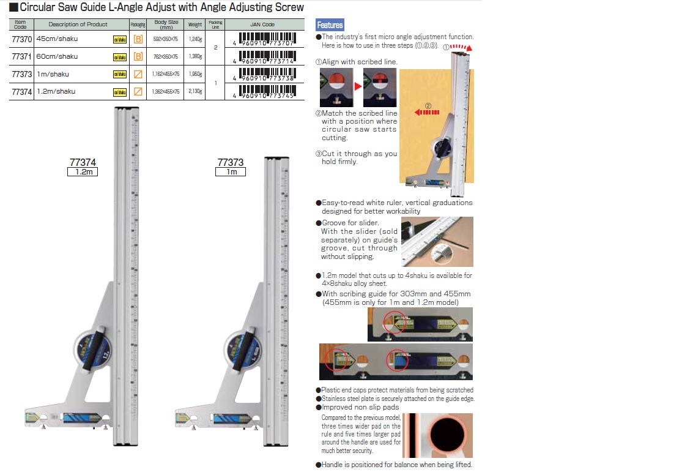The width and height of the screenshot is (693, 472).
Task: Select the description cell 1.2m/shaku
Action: [x=56, y=91]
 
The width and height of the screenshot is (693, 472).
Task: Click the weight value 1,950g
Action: [x=195, y=74]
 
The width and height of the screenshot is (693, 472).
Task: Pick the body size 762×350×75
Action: [x=166, y=56]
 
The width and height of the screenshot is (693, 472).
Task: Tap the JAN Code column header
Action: [x=262, y=24]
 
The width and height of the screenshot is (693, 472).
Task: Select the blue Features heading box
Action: [x=330, y=25]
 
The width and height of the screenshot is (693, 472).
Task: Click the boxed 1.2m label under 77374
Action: [x=83, y=172]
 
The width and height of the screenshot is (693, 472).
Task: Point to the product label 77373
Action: [x=231, y=163]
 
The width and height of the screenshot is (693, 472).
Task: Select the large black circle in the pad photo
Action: [x=450, y=435]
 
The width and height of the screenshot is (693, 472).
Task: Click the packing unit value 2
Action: [x=215, y=48]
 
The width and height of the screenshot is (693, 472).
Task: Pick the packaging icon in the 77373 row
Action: [x=138, y=74]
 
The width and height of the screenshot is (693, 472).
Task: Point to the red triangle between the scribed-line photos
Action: [x=357, y=87]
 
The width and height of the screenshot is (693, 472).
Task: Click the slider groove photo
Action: [x=437, y=241]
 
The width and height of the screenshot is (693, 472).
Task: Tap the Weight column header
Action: [x=195, y=24]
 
